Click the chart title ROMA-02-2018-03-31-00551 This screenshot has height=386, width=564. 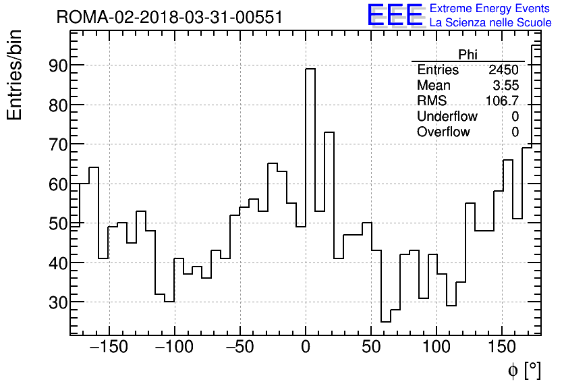click(x=169, y=17)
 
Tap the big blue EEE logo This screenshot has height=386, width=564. click(x=395, y=16)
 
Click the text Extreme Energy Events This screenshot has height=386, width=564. click(x=490, y=9)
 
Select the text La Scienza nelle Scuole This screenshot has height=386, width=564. click(x=490, y=22)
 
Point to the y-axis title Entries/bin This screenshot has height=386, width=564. click(x=15, y=75)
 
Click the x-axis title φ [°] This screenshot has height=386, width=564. click(x=524, y=370)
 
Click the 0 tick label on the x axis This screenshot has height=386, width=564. click(x=306, y=348)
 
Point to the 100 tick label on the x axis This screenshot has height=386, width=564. click(x=436, y=348)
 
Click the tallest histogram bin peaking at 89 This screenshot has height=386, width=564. click(x=310, y=70)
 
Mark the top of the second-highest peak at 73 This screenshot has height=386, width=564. click(x=329, y=133)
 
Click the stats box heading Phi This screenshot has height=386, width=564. click(x=468, y=55)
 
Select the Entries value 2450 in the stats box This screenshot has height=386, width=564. click(x=504, y=70)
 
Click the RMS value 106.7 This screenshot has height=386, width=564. click(x=502, y=101)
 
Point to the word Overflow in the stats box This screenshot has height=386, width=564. click(x=443, y=132)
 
